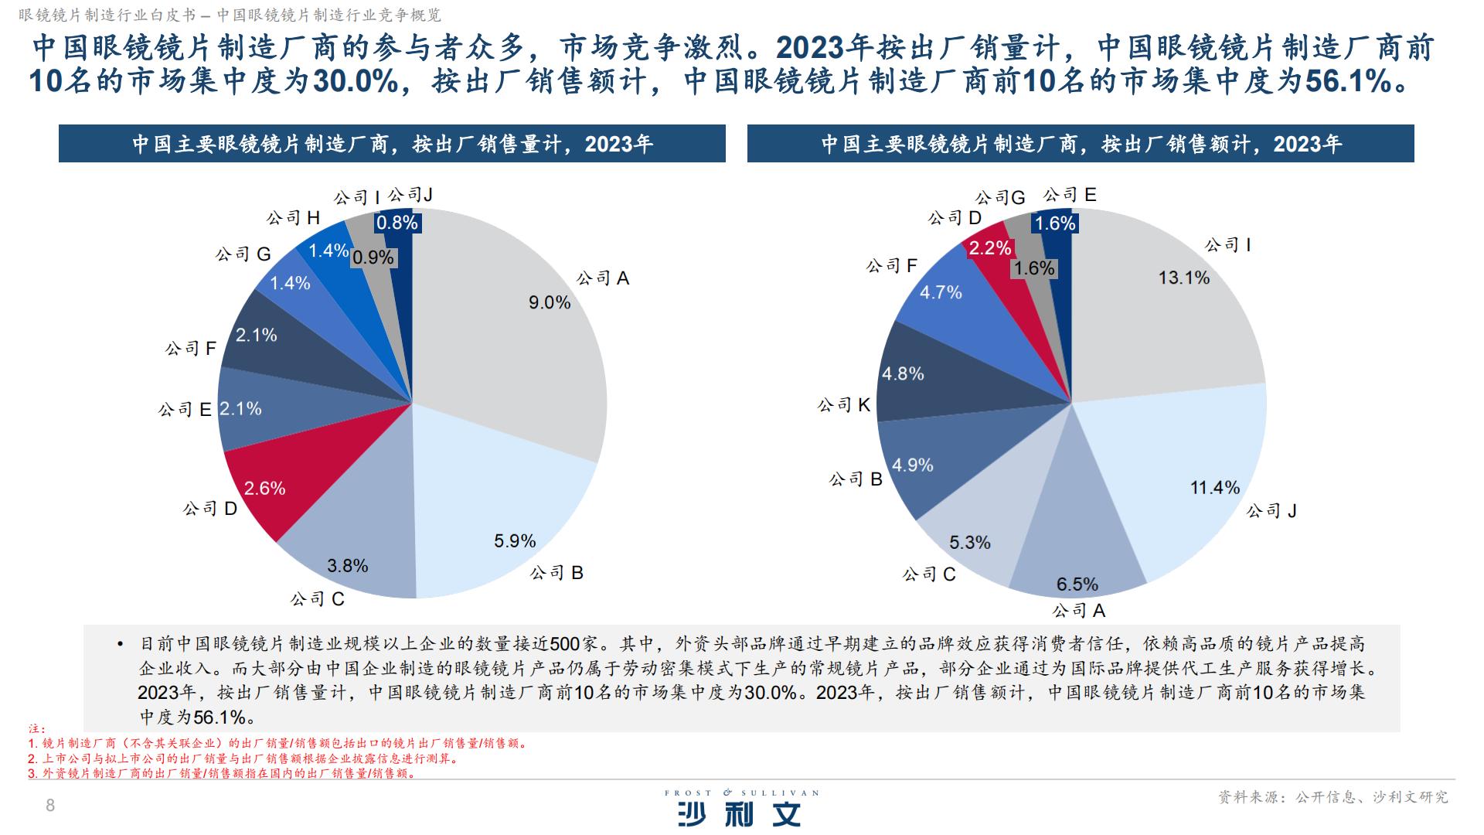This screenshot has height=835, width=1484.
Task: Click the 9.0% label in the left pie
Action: click(x=550, y=302)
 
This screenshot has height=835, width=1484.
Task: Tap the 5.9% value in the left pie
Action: click(x=515, y=540)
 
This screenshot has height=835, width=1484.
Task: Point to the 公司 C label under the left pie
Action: click(x=317, y=599)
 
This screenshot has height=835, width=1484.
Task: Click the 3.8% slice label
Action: click(x=347, y=565)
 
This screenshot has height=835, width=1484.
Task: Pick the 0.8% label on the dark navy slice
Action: click(x=397, y=223)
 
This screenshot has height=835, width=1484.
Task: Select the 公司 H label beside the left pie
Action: click(x=293, y=218)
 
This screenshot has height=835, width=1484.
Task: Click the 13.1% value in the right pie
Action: click(x=1183, y=278)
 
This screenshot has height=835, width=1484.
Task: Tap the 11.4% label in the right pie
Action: click(x=1214, y=487)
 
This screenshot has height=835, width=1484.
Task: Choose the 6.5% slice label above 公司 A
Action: click(x=1077, y=584)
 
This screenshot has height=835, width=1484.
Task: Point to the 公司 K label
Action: click(x=843, y=404)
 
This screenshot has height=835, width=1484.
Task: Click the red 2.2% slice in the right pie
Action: click(x=990, y=248)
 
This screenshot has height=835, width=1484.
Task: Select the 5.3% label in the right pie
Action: click(x=969, y=542)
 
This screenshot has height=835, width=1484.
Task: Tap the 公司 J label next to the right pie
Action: click(x=1271, y=510)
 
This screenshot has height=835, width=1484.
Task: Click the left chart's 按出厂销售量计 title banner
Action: click(x=392, y=144)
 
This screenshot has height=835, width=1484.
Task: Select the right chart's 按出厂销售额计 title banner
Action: click(x=1081, y=144)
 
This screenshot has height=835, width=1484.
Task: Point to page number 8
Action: click(x=51, y=806)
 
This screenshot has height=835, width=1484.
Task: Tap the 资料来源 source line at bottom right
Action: click(x=1333, y=796)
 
